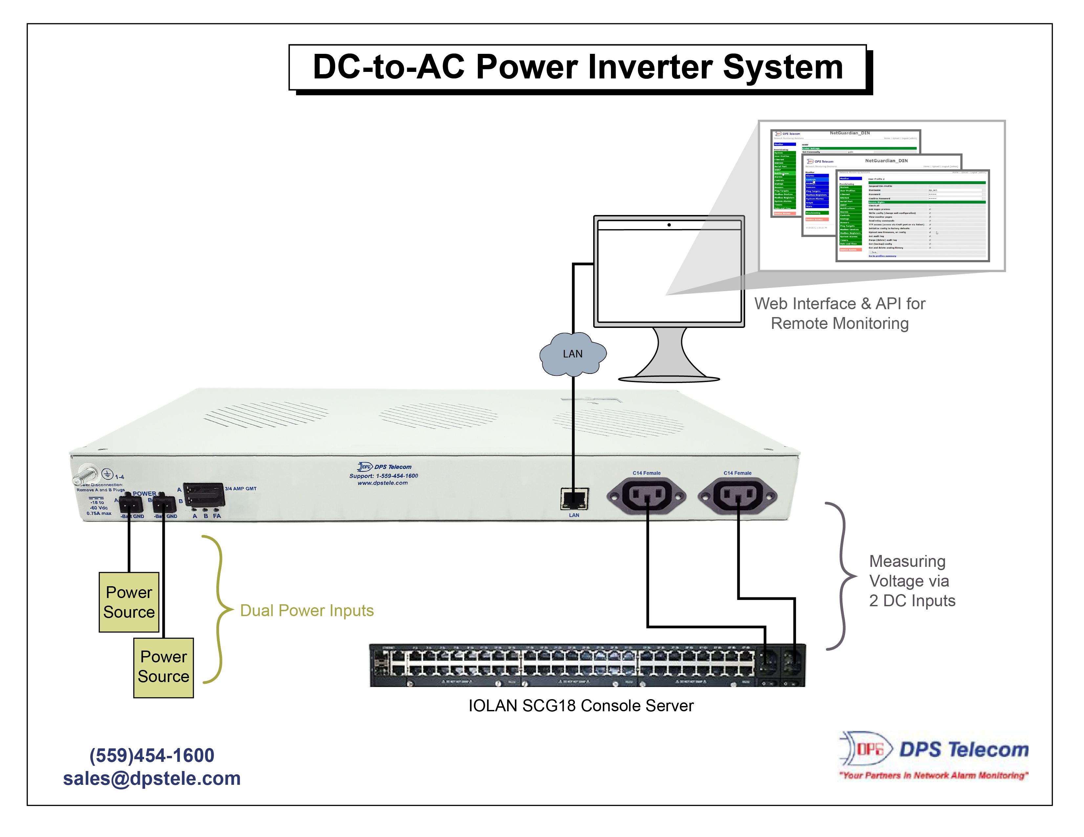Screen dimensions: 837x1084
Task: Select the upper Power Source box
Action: pos(129,602)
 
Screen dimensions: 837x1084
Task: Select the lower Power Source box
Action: pos(163,667)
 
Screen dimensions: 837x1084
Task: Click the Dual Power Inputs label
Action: pos(307,610)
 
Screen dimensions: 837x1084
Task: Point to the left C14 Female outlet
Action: pos(646,495)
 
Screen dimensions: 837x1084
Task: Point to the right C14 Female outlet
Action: pos(738,495)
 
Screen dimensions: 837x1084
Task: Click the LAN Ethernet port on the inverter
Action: pos(574,499)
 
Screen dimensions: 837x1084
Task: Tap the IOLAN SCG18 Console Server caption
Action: pos(581,705)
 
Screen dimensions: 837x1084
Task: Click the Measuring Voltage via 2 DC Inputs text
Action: pos(911,581)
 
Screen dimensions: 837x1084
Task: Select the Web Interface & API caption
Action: pos(839,313)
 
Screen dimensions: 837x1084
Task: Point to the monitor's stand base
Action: pos(669,378)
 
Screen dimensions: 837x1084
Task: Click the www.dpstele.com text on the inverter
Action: pos(383,483)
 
